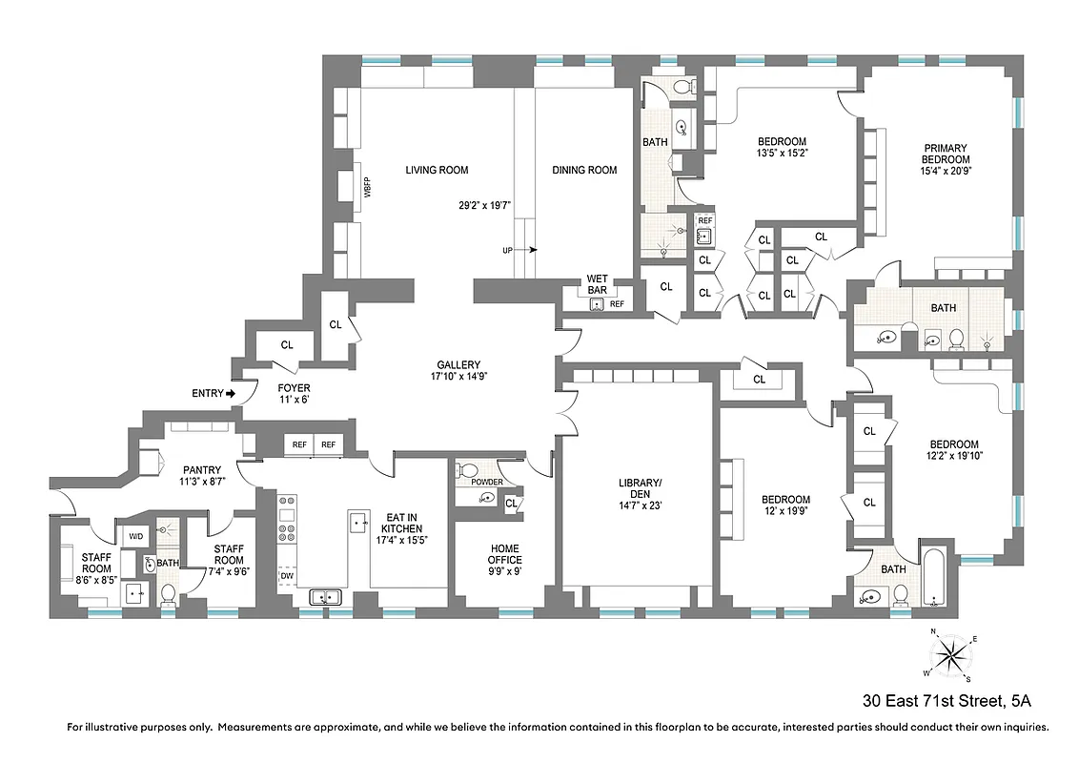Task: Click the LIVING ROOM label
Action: click(x=437, y=171)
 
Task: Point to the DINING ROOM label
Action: click(x=584, y=171)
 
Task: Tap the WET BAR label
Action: click(x=598, y=284)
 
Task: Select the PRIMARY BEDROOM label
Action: click(x=945, y=154)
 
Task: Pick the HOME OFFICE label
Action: click(x=505, y=554)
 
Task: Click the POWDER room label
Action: click(x=486, y=483)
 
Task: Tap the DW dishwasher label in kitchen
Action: click(x=286, y=576)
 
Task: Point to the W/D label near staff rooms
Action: click(x=134, y=536)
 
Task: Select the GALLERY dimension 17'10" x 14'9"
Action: click(x=458, y=377)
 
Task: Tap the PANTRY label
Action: click(x=202, y=469)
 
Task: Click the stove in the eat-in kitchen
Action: click(x=287, y=520)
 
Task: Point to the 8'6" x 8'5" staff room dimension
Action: click(x=96, y=576)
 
